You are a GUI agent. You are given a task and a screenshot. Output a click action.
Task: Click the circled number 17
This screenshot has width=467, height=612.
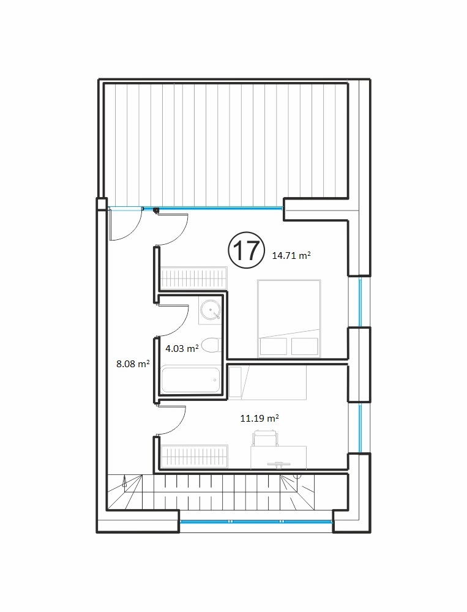(245, 250)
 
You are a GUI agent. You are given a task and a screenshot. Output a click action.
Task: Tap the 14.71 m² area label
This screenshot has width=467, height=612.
(291, 256)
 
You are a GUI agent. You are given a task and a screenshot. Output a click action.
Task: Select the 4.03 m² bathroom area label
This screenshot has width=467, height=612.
(182, 348)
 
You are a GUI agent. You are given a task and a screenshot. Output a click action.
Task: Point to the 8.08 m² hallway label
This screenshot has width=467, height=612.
(133, 364)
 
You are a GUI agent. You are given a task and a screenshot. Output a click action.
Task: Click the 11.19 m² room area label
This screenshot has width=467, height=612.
(260, 419)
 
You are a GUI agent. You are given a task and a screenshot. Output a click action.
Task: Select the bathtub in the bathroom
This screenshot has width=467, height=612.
(190, 380)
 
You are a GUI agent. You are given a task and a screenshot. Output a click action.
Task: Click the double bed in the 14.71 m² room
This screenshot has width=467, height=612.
(289, 318)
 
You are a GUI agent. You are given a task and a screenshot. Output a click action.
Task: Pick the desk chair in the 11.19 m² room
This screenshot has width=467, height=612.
(266, 438)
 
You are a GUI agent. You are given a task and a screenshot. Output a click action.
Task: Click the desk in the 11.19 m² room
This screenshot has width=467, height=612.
(278, 457)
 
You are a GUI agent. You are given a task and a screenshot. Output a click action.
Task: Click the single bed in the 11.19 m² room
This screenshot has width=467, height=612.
(267, 382)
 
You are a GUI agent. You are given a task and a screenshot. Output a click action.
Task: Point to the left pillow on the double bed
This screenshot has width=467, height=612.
(274, 346)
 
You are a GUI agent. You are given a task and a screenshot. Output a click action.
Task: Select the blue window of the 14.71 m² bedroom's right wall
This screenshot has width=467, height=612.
(361, 301)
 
